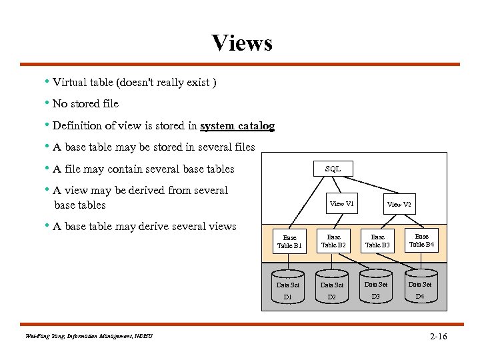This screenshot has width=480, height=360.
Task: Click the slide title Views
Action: (242, 43)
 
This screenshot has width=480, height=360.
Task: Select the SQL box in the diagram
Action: (333, 169)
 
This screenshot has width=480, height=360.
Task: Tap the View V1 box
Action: (342, 203)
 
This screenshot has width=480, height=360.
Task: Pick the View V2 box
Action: (399, 204)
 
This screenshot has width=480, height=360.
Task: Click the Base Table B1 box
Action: (289, 241)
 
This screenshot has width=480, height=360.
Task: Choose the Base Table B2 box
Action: (333, 241)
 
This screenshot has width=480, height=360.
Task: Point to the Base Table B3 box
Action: (377, 241)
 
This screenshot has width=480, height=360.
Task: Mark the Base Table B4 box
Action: (421, 240)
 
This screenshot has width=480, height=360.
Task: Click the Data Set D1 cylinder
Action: (288, 288)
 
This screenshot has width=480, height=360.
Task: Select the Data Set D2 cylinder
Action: (331, 288)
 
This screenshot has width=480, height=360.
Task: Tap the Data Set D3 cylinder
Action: (376, 287)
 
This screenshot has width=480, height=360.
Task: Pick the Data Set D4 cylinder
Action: (420, 287)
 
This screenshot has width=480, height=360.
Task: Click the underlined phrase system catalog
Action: (237, 125)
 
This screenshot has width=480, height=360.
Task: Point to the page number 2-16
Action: (438, 337)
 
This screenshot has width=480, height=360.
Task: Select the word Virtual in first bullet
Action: (69, 83)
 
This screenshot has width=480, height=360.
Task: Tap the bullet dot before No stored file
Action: (47, 103)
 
